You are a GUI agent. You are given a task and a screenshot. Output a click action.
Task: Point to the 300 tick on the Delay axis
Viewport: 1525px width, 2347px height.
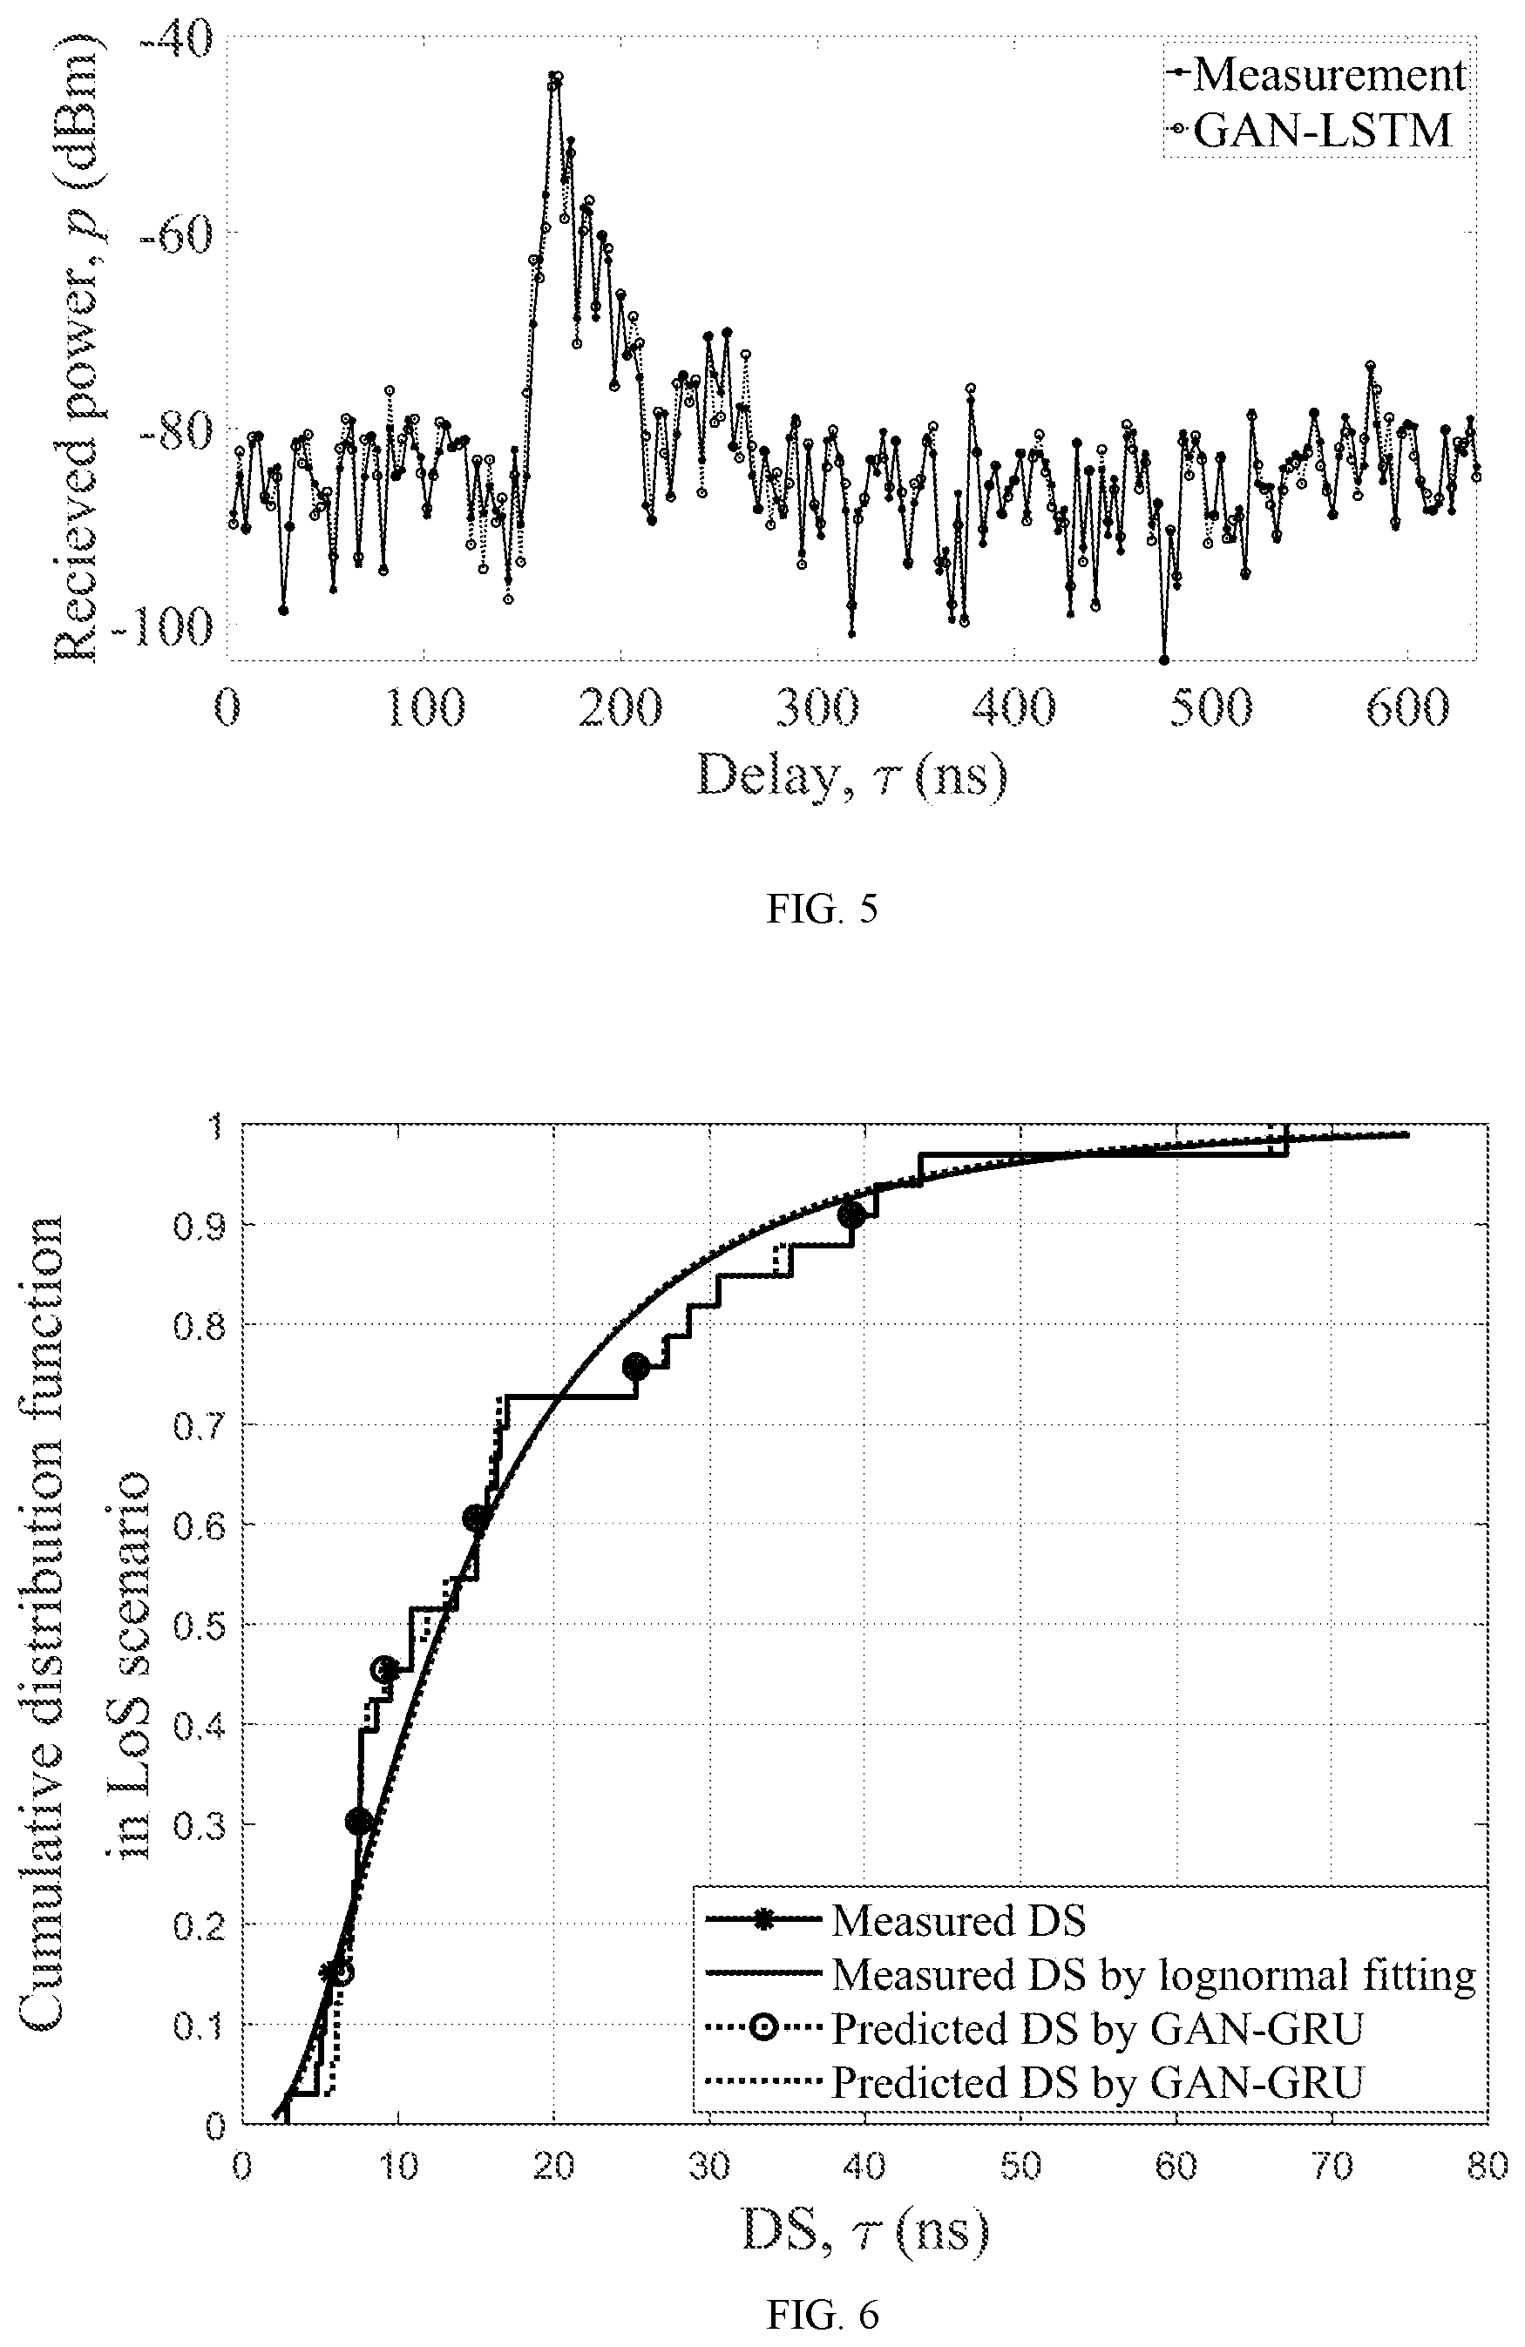[x=817, y=707]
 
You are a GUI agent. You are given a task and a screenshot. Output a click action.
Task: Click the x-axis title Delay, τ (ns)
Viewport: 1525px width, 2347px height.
[x=852, y=775]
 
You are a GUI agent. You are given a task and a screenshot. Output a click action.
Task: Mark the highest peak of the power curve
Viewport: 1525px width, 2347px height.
[x=555, y=77]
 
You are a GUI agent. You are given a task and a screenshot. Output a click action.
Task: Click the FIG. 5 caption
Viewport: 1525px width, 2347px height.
[x=822, y=909]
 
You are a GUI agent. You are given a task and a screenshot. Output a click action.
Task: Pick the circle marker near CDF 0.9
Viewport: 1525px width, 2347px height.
[x=851, y=1215]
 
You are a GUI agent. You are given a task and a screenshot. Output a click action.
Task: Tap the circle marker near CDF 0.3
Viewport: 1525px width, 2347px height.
[x=359, y=1822]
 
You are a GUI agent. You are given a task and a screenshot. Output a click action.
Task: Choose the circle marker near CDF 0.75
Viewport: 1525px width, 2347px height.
[x=636, y=1366]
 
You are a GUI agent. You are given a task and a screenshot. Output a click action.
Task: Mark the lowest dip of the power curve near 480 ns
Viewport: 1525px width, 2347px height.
[x=1164, y=659]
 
